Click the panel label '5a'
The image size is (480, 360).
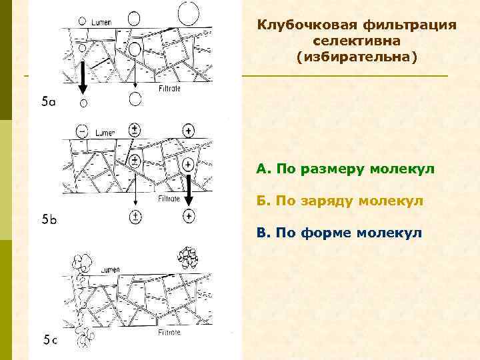(49, 102)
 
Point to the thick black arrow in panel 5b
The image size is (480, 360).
(189, 189)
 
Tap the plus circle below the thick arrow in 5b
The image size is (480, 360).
(190, 215)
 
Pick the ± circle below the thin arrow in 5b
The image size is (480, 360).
(135, 216)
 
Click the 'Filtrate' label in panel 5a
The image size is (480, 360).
(169, 87)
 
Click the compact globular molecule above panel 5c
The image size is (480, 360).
(187, 256)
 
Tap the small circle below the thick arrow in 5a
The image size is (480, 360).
(83, 103)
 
